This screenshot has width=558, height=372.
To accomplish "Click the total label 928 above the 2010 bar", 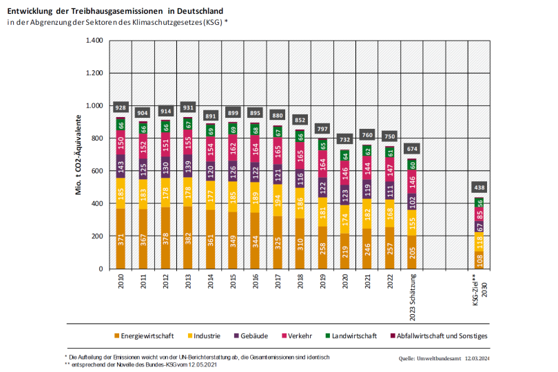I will [121, 107].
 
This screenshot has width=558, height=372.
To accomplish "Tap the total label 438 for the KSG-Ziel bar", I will [479, 187].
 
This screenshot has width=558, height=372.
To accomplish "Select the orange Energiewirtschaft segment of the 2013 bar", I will [188, 238].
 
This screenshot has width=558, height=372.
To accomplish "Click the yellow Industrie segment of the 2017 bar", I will [278, 200].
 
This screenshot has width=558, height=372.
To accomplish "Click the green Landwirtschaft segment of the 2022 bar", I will [390, 152].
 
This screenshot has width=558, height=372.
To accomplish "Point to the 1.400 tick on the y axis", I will [93, 41].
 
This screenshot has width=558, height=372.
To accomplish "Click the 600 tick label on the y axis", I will [96, 171].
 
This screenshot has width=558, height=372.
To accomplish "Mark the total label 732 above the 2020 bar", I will [345, 140].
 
